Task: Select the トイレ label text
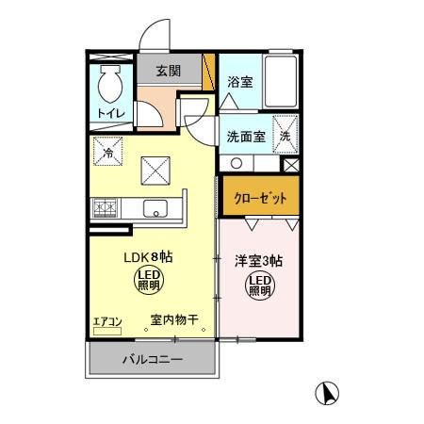(110, 115)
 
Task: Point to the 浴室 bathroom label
(239, 82)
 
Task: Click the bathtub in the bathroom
(281, 82)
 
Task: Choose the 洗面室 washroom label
(245, 135)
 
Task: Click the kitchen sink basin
(154, 208)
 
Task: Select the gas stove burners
(104, 207)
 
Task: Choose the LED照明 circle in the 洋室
(260, 285)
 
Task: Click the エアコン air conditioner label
(107, 321)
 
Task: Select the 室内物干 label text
(174, 320)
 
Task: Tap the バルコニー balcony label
(152, 359)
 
